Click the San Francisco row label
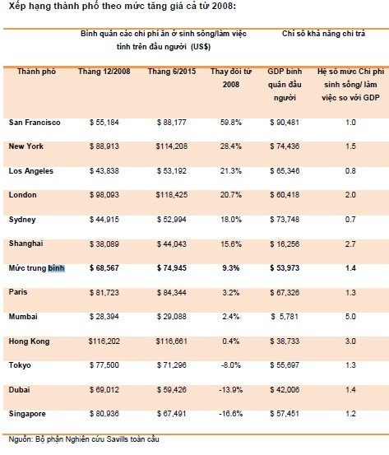(35, 123)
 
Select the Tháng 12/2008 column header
(104, 72)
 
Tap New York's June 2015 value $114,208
(172, 146)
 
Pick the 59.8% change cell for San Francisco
(231, 123)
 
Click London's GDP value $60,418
(285, 195)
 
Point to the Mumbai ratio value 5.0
(350, 317)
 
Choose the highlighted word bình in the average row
(56, 268)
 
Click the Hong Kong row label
(29, 341)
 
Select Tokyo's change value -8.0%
(231, 365)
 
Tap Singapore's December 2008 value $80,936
(104, 414)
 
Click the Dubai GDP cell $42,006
(285, 390)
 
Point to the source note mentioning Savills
(84, 439)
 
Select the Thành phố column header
(36, 72)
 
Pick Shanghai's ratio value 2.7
(350, 244)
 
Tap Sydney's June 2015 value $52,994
(172, 220)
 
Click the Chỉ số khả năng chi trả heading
(323, 34)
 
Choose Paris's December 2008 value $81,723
(104, 293)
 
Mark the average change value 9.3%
(231, 268)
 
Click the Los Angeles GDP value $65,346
(285, 171)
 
